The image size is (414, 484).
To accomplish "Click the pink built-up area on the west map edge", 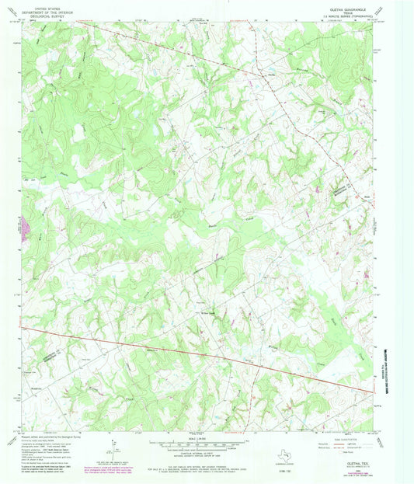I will click(26, 228).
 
